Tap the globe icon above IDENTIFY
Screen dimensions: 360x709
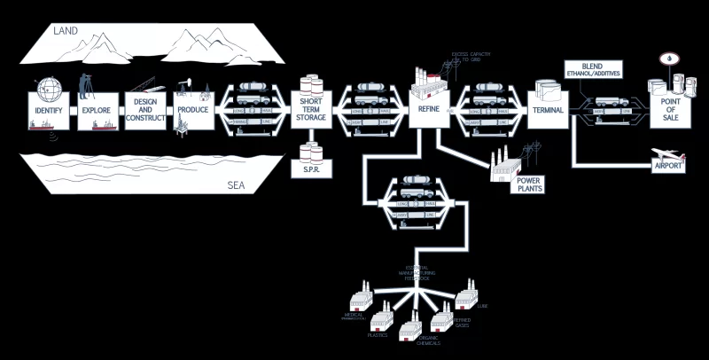coord(50,89)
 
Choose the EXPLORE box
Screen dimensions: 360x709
coord(95,112)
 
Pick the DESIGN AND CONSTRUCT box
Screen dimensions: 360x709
coord(145,112)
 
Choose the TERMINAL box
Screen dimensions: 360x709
coord(549,111)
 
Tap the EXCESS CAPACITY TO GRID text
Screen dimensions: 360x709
coord(470,59)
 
